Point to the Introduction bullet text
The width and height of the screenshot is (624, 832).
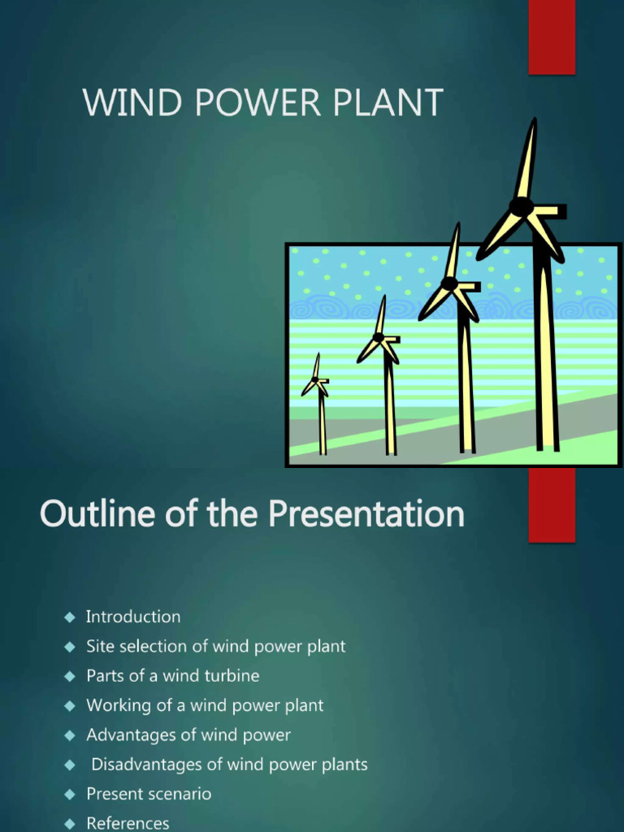tap(133, 617)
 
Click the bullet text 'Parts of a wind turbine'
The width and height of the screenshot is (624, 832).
tap(173, 675)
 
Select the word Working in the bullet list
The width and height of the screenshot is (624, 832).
tap(119, 705)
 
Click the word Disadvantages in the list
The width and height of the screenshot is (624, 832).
tap(145, 765)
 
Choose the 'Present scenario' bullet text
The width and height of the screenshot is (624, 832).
tap(149, 794)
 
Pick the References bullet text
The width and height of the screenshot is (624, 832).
tap(128, 823)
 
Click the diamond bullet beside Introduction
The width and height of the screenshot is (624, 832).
tap(69, 617)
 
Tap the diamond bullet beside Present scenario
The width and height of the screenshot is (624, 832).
tap(69, 794)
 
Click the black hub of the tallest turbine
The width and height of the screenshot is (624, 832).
tap(521, 206)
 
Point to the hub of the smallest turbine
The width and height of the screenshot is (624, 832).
tap(315, 380)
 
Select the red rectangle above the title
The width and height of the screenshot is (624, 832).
tap(552, 37)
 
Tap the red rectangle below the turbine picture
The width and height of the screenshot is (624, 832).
tap(552, 505)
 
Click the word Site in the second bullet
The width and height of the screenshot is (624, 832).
tap(101, 646)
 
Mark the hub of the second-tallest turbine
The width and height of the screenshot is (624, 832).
tap(449, 284)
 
